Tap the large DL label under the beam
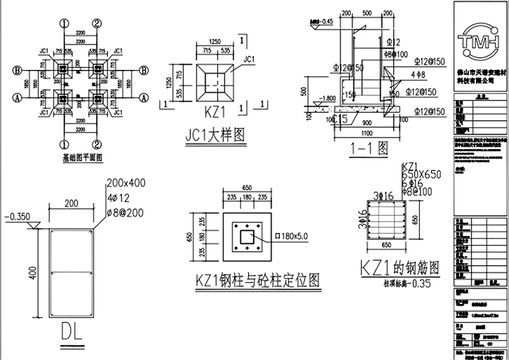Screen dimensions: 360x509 [77, 332]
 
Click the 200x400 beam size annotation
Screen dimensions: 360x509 [126, 183]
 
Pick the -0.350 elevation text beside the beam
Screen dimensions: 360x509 [17, 216]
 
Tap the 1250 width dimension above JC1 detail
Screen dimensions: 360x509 [218, 41]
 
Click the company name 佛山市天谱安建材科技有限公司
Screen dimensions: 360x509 [475, 76]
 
